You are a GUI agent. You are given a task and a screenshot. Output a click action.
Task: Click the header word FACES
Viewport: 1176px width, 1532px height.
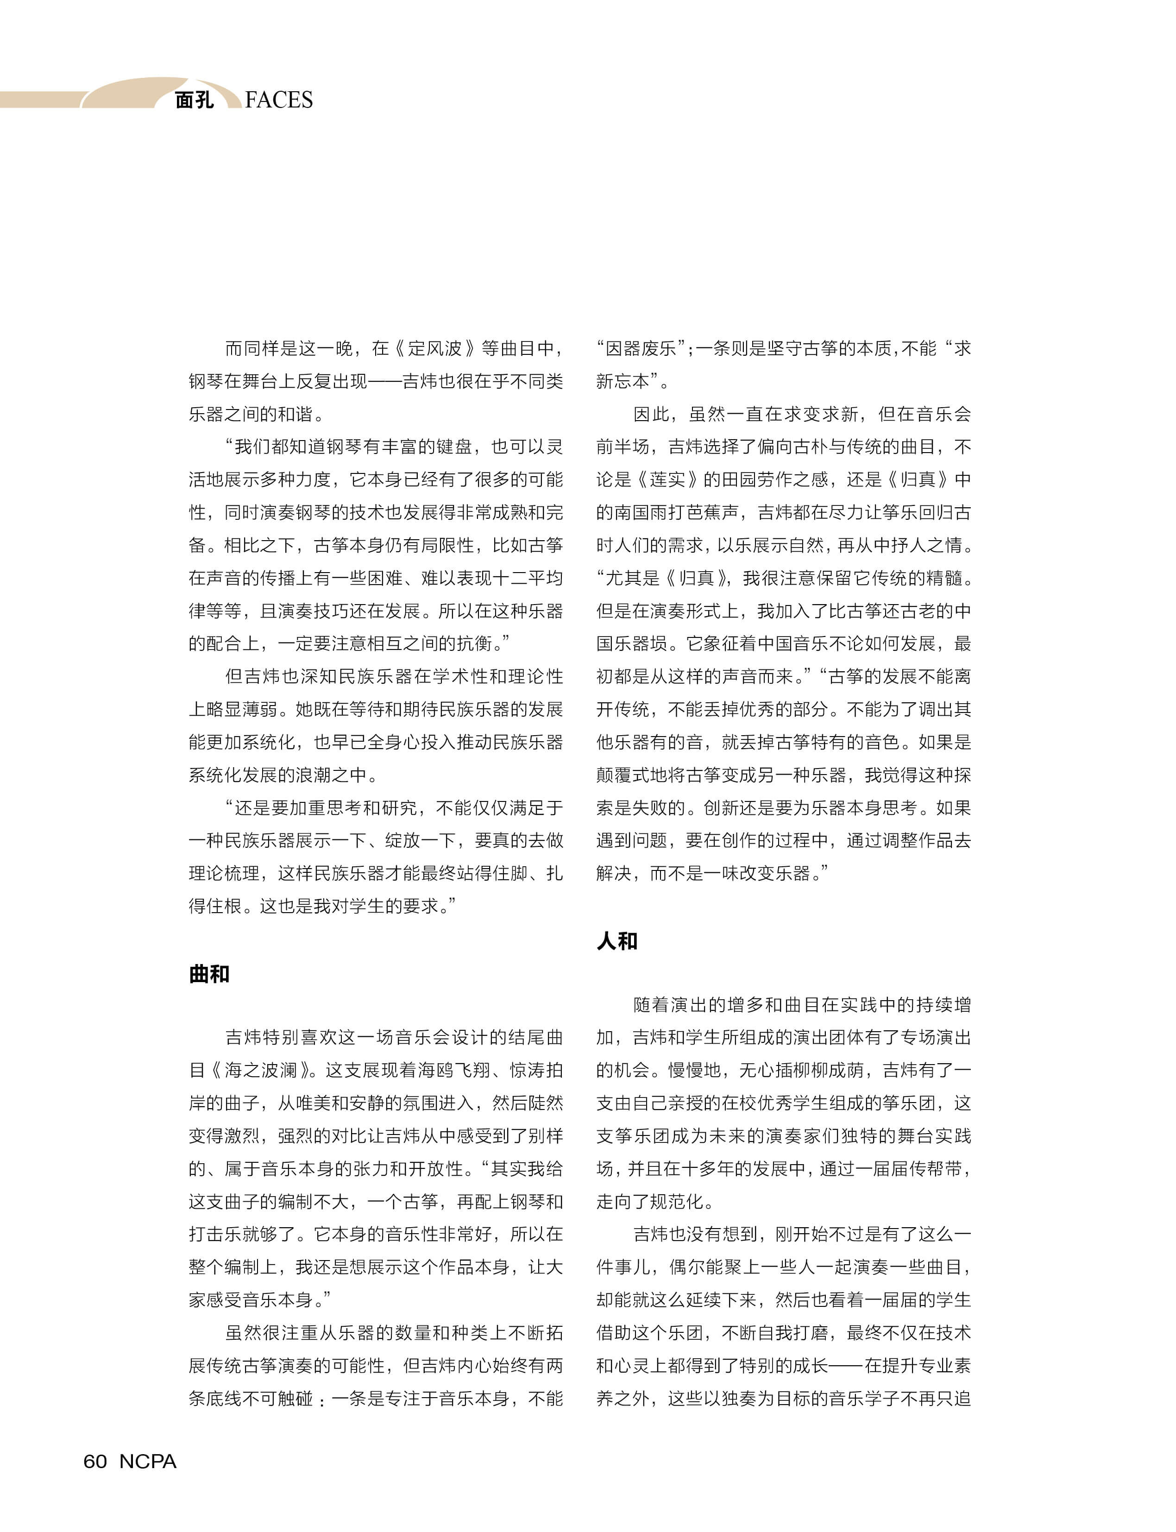coord(279,100)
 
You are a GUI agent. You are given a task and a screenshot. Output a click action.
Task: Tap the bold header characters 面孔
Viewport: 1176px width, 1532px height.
coord(194,100)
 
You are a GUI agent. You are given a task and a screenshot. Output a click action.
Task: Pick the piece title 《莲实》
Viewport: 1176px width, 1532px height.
coord(667,479)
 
